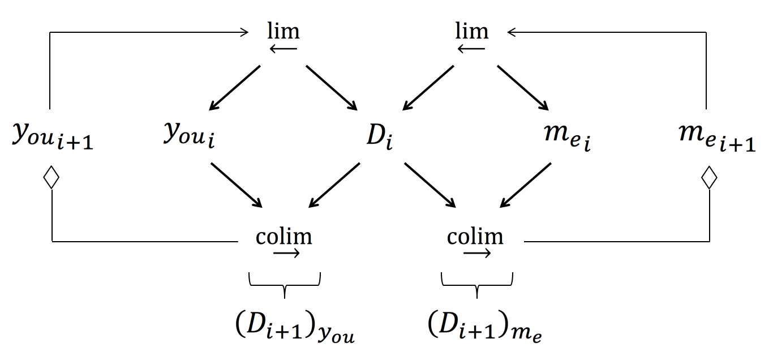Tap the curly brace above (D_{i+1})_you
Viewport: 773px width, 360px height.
[x=285, y=282]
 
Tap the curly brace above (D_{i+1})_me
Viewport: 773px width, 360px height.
[x=476, y=282]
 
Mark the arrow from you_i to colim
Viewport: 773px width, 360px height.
[x=237, y=185]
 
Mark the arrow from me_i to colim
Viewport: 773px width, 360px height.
[x=526, y=185]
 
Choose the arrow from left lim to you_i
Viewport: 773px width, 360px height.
[x=234, y=88]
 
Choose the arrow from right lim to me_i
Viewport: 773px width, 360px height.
[x=523, y=88]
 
